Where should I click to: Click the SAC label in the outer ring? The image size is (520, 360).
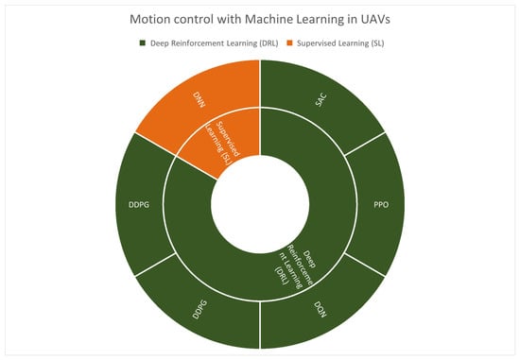pyautogui.click(x=321, y=100)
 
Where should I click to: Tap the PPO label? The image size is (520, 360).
pyautogui.click(x=381, y=205)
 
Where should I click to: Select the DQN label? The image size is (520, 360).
pyautogui.click(x=321, y=309)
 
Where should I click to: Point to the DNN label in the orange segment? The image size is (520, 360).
pyautogui.click(x=199, y=100)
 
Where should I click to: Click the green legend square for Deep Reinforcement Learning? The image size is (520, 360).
pyautogui.click(x=143, y=43)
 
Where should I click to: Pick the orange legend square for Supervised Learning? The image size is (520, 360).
pyautogui.click(x=289, y=43)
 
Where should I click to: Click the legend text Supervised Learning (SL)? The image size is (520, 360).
pyautogui.click(x=340, y=43)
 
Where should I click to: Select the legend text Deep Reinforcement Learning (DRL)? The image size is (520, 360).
pyautogui.click(x=215, y=43)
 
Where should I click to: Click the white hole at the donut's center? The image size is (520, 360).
pyautogui.click(x=260, y=204)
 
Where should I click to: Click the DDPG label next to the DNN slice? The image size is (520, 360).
pyautogui.click(x=139, y=205)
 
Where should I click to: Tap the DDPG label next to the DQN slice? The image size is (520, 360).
pyautogui.click(x=199, y=309)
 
